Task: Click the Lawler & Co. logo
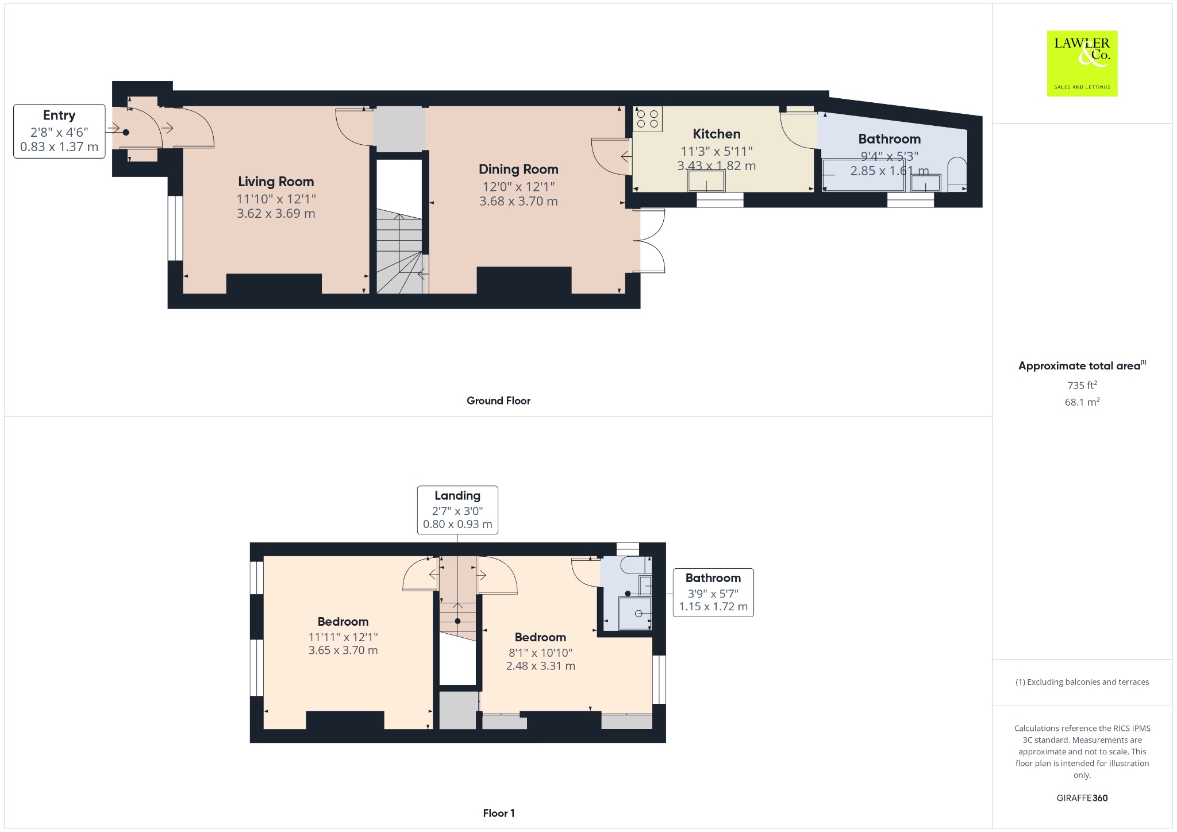click(1082, 63)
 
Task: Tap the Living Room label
click(276, 182)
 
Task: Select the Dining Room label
click(518, 170)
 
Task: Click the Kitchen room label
click(716, 134)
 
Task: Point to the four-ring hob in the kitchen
click(648, 119)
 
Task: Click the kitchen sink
click(706, 181)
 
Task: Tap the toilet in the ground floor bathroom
click(957, 174)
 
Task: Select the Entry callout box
click(59, 131)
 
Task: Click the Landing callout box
click(457, 510)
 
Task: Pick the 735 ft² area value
click(1082, 385)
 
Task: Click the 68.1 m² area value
click(1082, 402)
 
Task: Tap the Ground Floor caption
click(498, 400)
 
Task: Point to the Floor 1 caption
click(498, 813)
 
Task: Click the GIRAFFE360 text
click(1082, 798)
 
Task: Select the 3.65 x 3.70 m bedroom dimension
click(343, 650)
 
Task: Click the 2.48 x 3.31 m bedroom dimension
click(540, 666)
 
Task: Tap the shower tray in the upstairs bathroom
click(635, 614)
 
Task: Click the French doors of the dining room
click(652, 240)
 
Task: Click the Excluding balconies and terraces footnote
click(1082, 682)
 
